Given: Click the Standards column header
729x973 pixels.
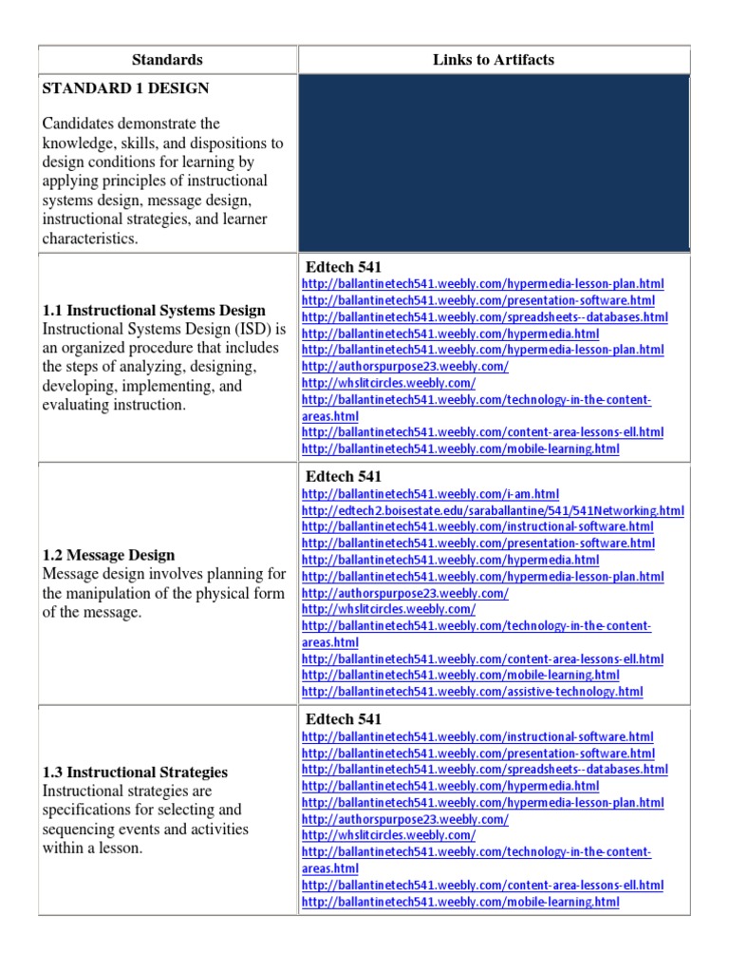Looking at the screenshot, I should tap(167, 60).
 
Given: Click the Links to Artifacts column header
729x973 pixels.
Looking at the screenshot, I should tap(494, 60).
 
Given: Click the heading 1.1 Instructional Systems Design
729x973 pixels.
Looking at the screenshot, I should tap(154, 311).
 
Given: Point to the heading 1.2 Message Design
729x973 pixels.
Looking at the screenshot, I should tap(108, 555).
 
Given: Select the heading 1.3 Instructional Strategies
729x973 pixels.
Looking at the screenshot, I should tap(135, 773).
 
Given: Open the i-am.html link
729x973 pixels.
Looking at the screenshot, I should tap(430, 494).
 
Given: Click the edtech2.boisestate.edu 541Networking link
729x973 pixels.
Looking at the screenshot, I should tap(493, 510).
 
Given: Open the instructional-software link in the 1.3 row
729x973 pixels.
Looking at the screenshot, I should tap(477, 736).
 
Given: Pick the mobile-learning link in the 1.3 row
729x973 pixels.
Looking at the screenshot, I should tap(460, 901).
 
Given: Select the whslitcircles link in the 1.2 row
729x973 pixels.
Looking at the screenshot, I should tap(388, 609).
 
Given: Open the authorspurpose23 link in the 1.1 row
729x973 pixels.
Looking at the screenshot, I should tap(404, 366).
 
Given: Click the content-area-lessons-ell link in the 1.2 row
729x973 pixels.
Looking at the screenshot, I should tap(482, 658).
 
